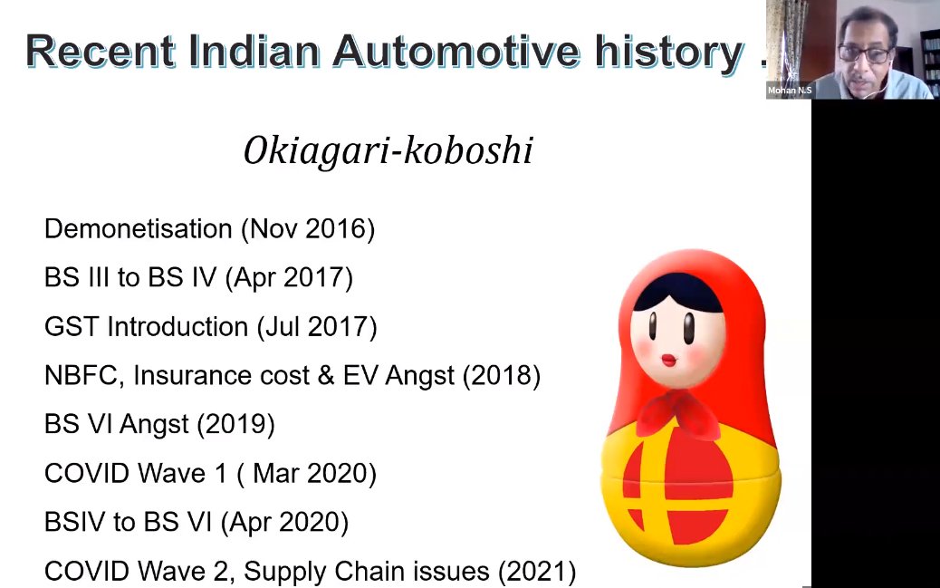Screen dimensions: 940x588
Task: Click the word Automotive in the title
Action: click(456, 52)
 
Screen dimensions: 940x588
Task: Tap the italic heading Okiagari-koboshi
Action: click(388, 150)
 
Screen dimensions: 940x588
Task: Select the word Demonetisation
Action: click(138, 228)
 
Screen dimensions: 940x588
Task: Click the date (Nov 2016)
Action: click(308, 229)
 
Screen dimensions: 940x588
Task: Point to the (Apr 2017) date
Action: click(289, 278)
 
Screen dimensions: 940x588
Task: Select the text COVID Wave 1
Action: click(136, 474)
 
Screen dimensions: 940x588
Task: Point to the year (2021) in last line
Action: click(537, 571)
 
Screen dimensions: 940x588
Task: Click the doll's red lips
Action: click(669, 360)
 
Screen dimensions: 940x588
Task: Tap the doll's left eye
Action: click(652, 326)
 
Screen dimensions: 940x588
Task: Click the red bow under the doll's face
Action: click(678, 413)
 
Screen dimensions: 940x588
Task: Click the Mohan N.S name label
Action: click(790, 91)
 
